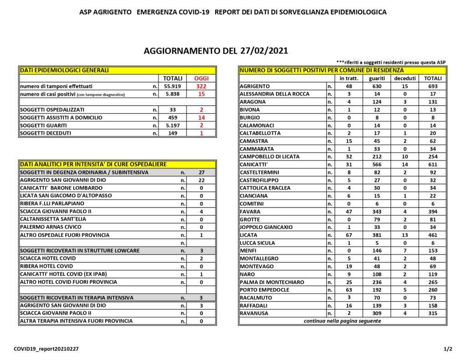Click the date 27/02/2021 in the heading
[259, 51]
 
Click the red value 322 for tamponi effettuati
[201, 86]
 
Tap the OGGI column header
[201, 79]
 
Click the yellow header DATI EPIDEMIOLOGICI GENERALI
[64, 71]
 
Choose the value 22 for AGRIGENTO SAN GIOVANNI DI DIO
[201, 180]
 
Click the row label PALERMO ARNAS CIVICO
[51, 227]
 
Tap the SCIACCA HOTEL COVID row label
[48, 259]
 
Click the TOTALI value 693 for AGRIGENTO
[432, 86]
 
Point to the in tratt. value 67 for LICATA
[349, 235]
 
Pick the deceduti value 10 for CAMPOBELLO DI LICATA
[405, 157]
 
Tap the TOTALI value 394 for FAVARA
[432, 212]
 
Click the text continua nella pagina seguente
[342, 321]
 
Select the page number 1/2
[448, 349]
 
